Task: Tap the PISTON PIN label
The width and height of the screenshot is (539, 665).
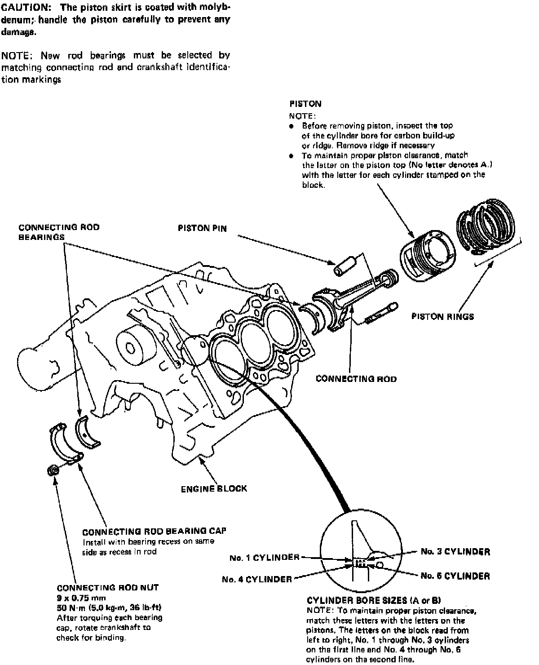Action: pos(202,228)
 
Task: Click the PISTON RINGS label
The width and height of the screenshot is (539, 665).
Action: pos(442,317)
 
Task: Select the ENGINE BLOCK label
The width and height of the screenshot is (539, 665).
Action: pos(214,488)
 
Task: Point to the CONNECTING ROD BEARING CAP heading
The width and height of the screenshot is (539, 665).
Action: pos(155,531)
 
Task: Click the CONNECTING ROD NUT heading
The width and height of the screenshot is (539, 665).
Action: pos(108,588)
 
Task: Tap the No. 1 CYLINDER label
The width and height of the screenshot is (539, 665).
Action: pos(264,558)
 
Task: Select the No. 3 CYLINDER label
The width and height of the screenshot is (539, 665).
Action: pos(455,551)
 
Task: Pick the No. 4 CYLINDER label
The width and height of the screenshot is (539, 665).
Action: pos(257,579)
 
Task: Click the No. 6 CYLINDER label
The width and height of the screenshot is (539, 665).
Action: pos(455,576)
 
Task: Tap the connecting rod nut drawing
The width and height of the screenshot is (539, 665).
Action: pos(53,470)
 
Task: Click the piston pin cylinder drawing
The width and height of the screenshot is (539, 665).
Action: pos(345,266)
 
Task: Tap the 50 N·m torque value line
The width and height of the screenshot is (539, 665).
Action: pos(109,608)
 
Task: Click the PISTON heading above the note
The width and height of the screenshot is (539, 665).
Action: pos(305,104)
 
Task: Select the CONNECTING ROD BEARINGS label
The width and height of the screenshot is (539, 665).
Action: pos(59,232)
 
